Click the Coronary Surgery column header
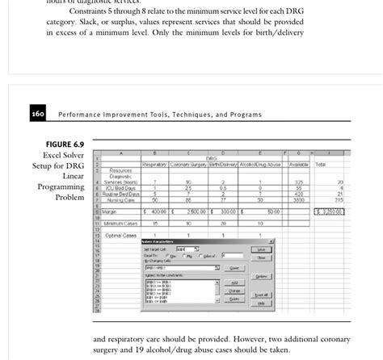coord(197,164)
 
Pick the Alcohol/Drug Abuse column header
coord(259,164)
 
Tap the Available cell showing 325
coord(299,182)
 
